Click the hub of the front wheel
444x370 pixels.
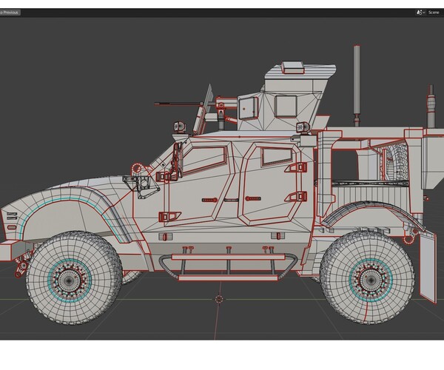click(69, 279)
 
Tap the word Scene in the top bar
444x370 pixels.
click(434, 13)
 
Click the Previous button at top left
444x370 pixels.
click(10, 13)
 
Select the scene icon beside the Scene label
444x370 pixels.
click(420, 13)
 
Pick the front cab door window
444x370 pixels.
click(204, 159)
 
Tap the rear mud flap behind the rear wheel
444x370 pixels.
click(427, 266)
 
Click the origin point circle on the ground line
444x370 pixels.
click(219, 299)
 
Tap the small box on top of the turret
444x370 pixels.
click(293, 70)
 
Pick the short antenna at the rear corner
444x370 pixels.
click(431, 104)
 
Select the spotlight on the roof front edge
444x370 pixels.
click(179, 127)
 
